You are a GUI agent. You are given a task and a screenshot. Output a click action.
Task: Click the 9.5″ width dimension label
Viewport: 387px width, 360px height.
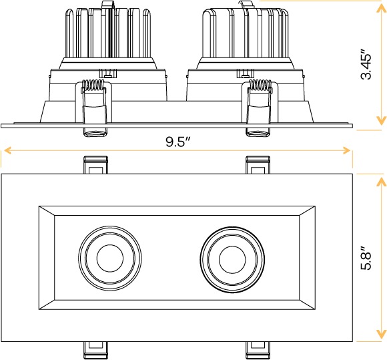[x=177, y=142]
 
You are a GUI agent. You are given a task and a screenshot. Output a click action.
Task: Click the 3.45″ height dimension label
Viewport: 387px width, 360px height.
[x=366, y=64]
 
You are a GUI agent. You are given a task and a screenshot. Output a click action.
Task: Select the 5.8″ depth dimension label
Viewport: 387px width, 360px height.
[x=366, y=257]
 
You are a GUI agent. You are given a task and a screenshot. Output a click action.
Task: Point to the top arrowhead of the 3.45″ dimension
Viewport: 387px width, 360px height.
[x=381, y=7]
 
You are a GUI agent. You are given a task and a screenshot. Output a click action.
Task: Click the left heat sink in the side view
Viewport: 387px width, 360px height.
[x=110, y=33]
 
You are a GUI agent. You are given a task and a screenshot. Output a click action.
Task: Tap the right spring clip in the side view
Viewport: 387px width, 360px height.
[x=259, y=107]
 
